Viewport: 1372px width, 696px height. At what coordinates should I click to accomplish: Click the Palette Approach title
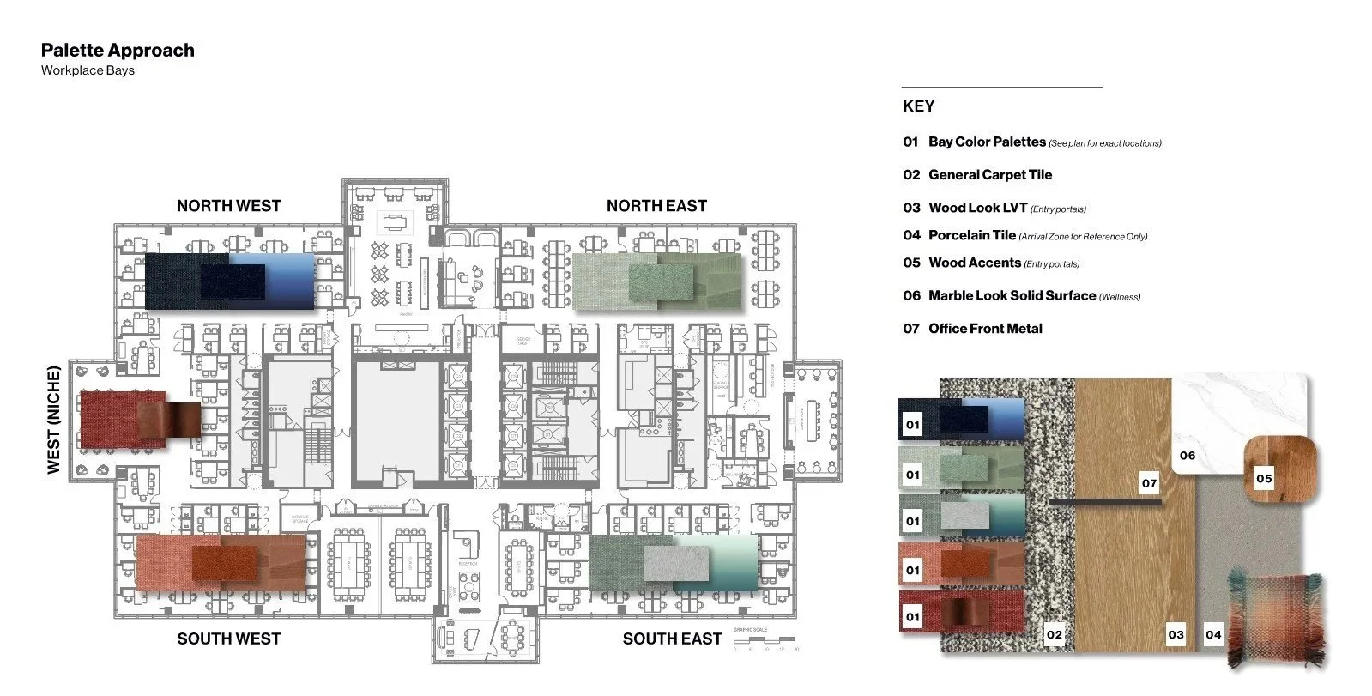(x=118, y=51)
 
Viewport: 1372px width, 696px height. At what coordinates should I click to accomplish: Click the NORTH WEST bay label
(x=228, y=206)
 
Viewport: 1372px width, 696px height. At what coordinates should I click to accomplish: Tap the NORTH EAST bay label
(x=656, y=206)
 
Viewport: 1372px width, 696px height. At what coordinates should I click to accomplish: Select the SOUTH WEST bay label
(x=228, y=639)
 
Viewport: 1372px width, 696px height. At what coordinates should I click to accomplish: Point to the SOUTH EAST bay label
(x=672, y=639)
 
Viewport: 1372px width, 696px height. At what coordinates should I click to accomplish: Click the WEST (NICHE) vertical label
(x=54, y=420)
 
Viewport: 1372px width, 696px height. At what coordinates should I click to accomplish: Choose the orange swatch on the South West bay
(x=221, y=561)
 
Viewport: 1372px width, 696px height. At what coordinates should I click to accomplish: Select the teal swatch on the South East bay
(x=674, y=562)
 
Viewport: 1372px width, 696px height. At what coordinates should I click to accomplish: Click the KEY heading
(x=918, y=106)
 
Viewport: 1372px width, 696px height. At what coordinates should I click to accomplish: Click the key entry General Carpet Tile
(x=989, y=175)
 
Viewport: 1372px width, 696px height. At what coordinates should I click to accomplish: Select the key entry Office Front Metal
(x=985, y=329)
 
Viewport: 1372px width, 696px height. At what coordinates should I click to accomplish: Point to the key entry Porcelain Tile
(x=971, y=235)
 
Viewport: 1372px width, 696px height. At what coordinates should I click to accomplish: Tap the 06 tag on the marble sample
(x=1187, y=456)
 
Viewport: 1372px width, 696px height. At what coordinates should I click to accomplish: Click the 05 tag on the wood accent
(x=1264, y=479)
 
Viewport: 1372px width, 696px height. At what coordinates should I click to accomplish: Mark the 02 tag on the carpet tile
(x=1054, y=635)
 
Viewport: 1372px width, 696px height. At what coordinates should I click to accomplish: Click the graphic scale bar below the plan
(x=765, y=640)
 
